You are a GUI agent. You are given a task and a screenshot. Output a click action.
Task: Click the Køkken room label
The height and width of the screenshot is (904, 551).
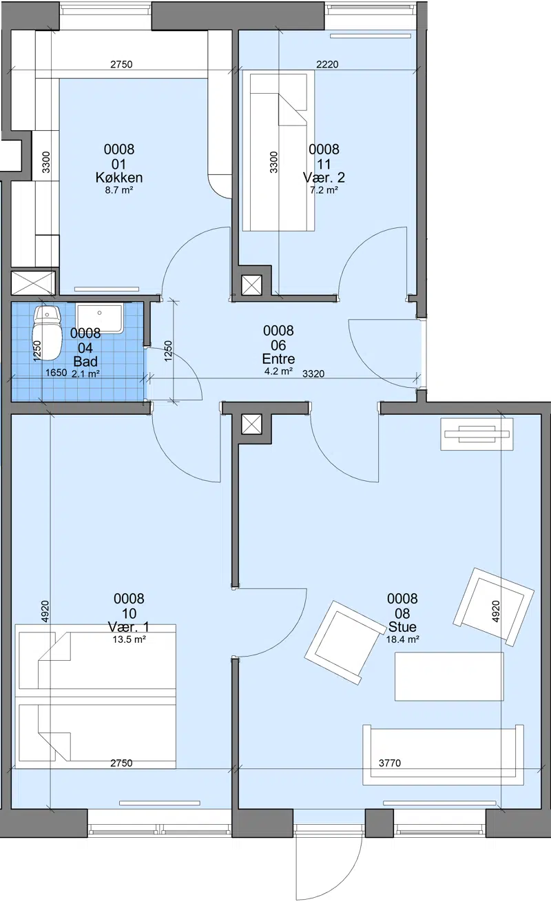[119, 178]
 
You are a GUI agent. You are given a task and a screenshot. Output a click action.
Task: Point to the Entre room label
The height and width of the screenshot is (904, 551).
[278, 359]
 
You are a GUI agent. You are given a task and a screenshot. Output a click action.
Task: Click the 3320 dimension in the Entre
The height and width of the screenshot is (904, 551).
[313, 373]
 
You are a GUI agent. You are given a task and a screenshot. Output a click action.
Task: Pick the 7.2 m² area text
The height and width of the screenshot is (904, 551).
[324, 189]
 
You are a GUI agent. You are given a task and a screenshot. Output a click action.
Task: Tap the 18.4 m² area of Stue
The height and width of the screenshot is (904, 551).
[402, 639]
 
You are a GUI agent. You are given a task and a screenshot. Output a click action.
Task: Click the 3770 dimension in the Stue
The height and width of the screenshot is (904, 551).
[390, 763]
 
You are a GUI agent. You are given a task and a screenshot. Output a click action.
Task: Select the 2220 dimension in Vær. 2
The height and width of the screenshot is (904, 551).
[327, 64]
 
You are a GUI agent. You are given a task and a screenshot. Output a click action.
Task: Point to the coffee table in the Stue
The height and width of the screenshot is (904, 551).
[449, 677]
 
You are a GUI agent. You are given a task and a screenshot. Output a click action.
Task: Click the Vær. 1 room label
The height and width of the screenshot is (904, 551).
[129, 627]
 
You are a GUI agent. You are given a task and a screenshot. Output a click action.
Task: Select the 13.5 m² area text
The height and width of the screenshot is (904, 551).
[129, 639]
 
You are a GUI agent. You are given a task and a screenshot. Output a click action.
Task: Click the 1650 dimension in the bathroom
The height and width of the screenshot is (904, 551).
[56, 372]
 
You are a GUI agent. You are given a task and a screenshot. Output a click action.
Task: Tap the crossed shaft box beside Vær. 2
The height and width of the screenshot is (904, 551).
[251, 285]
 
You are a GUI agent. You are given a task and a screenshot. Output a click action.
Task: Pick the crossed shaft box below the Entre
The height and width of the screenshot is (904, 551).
[251, 424]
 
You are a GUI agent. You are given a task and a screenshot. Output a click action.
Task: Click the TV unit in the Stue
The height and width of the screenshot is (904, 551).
[477, 434]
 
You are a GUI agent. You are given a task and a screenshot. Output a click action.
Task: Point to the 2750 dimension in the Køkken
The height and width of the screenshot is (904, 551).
[121, 64]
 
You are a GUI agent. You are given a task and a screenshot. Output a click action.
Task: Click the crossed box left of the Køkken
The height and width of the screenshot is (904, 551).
[33, 282]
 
